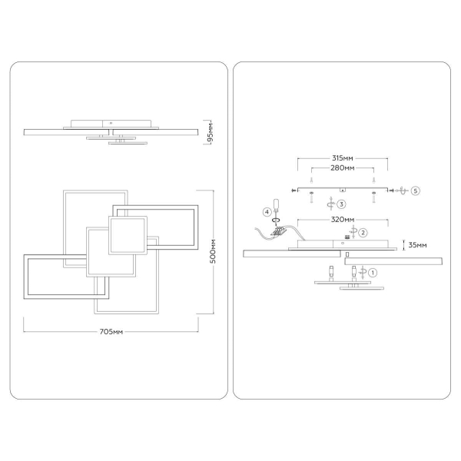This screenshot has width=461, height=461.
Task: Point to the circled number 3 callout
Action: [342, 204]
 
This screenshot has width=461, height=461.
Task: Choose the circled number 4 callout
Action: [267, 211]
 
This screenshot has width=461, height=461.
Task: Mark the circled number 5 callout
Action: [415, 190]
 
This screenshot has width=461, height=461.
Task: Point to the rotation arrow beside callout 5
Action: [400, 190]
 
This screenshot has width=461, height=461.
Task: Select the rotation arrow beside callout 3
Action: [330, 204]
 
